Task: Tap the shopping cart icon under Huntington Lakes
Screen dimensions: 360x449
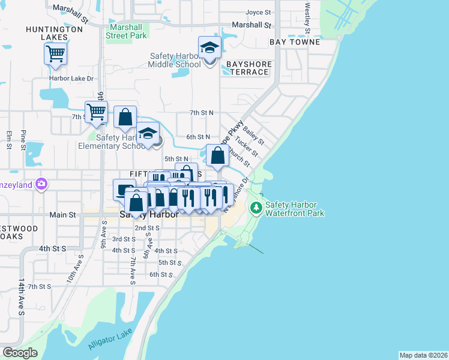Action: coord(55,54)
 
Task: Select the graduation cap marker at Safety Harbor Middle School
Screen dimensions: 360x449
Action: coord(209,47)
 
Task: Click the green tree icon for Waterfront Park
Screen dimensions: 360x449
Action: coord(256,208)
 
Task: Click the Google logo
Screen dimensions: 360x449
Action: coord(20,353)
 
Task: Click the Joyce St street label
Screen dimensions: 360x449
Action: coord(259,11)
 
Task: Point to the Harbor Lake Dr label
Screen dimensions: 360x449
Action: coord(72,78)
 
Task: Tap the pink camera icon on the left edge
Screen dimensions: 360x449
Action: coord(41,184)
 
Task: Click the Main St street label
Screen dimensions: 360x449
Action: coord(62,214)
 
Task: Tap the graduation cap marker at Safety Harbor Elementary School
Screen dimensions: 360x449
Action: coord(148,135)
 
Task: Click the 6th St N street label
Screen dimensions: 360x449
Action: coord(198,137)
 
